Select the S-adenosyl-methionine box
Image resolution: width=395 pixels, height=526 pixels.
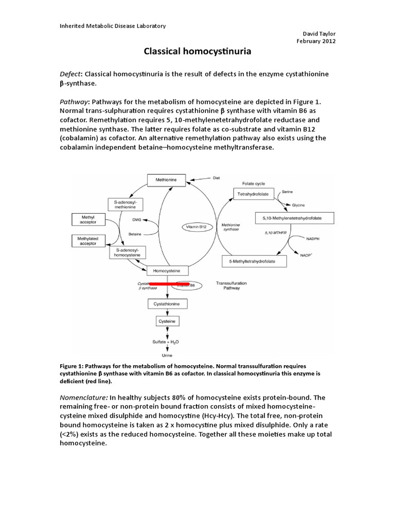(x=125, y=204)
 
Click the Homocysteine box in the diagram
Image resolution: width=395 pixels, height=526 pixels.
(x=167, y=270)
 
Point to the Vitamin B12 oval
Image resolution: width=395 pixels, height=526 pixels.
(x=197, y=226)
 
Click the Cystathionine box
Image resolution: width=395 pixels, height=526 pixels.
(x=167, y=304)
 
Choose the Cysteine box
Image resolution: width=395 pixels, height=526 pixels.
(x=167, y=321)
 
